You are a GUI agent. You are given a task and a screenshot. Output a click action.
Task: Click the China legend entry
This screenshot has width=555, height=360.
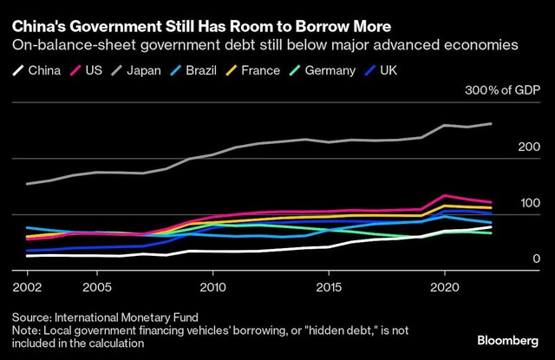click(39, 69)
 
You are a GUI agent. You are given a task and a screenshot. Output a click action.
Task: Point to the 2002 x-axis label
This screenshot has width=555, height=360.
click(26, 285)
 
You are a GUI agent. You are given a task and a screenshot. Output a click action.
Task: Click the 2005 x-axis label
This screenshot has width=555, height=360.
click(96, 285)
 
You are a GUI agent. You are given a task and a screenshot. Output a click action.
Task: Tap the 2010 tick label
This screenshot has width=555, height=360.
click(212, 285)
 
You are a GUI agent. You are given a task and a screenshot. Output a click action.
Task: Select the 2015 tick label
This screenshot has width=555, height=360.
click(329, 285)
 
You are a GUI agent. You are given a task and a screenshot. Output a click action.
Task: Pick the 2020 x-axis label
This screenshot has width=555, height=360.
click(445, 285)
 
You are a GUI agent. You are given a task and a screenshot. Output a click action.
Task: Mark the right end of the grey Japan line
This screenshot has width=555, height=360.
click(492, 124)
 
